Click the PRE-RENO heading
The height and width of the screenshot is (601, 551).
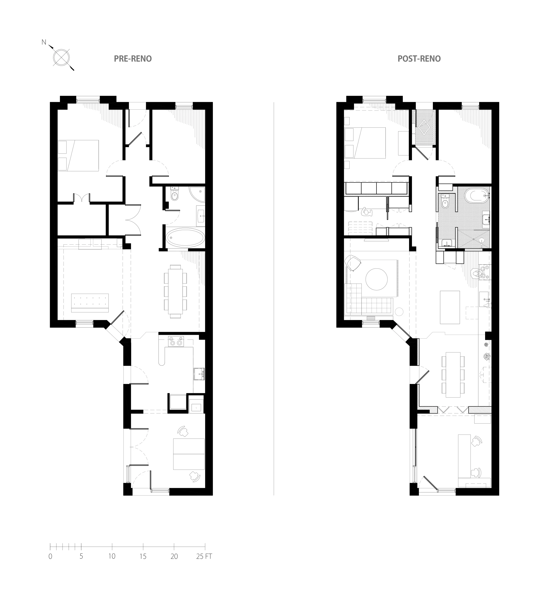pyautogui.click(x=133, y=59)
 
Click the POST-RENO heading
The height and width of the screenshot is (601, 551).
pyautogui.click(x=419, y=59)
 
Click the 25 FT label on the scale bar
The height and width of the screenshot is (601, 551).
pyautogui.click(x=204, y=556)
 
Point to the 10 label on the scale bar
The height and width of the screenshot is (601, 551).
pyautogui.click(x=112, y=556)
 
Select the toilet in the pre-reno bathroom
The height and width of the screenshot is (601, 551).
pyautogui.click(x=175, y=194)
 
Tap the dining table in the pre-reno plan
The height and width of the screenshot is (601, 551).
pyautogui.click(x=175, y=291)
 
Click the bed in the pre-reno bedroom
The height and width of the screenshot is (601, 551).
pyautogui.click(x=78, y=156)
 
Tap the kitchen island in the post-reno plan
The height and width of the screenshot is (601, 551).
pyautogui.click(x=450, y=307)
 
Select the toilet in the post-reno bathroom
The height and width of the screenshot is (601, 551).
pyautogui.click(x=445, y=202)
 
